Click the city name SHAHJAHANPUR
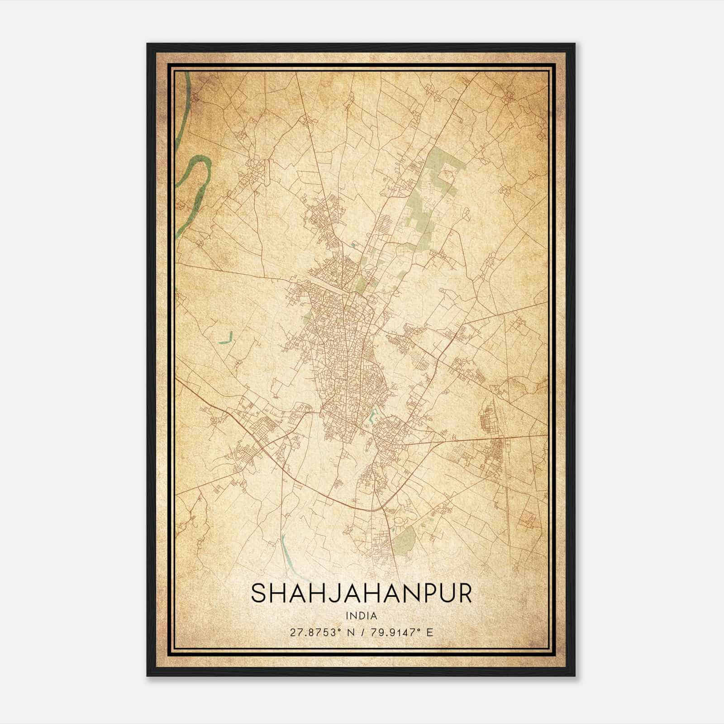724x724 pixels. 361,594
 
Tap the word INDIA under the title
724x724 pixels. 361,615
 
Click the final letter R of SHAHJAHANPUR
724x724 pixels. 464,594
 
